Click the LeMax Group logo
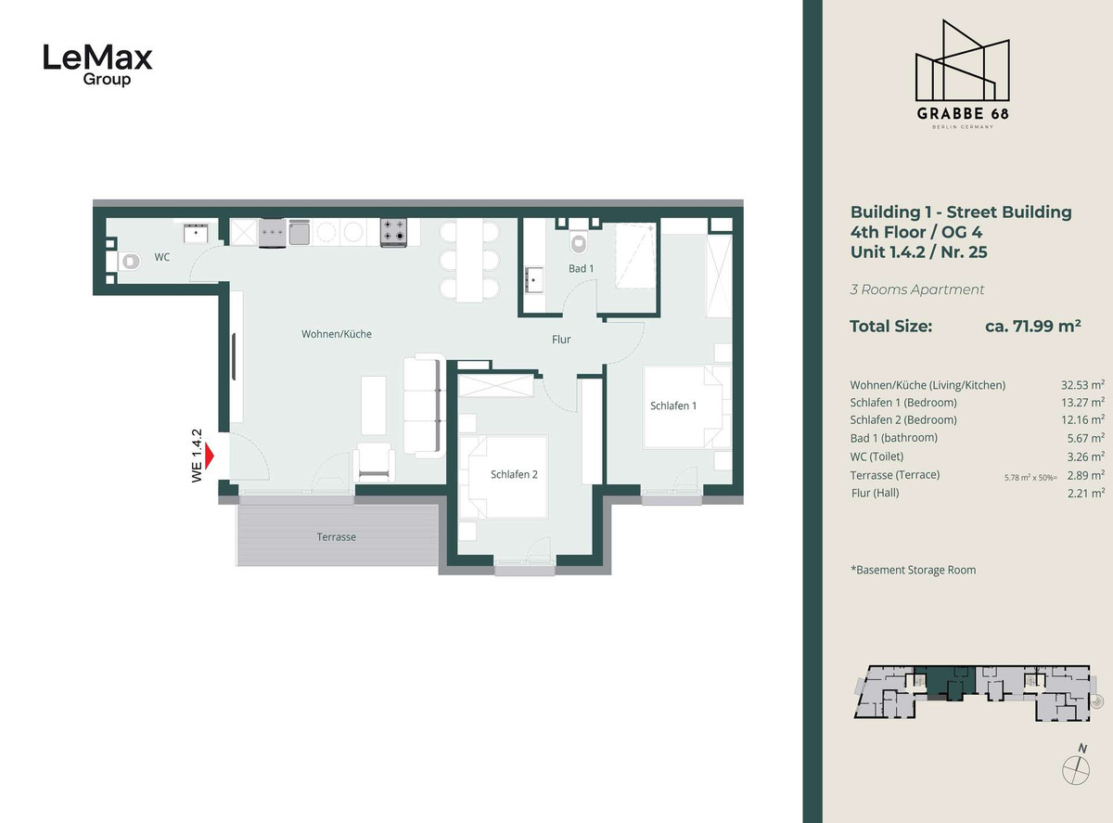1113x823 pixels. (x=98, y=65)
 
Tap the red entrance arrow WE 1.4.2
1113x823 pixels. (x=210, y=456)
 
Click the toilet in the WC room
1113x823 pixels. (x=130, y=261)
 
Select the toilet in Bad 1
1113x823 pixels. (x=579, y=243)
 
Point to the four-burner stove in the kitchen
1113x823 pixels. (x=393, y=232)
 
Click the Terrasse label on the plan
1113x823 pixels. (x=336, y=537)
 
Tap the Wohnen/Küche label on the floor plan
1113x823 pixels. (x=336, y=334)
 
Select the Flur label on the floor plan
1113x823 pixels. (x=561, y=340)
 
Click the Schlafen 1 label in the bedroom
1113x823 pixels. (x=673, y=405)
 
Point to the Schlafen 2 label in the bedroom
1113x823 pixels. (x=514, y=474)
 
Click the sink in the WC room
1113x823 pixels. (x=196, y=234)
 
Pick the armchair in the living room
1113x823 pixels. (x=374, y=462)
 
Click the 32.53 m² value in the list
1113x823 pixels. (x=1082, y=385)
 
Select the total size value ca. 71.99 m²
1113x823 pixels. (x=1032, y=326)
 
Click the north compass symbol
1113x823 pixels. (x=1076, y=766)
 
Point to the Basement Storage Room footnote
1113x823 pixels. (x=914, y=570)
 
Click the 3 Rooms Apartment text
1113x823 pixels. (x=916, y=289)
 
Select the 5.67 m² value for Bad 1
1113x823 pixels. (x=1085, y=438)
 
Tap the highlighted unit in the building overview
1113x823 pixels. (x=943, y=683)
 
